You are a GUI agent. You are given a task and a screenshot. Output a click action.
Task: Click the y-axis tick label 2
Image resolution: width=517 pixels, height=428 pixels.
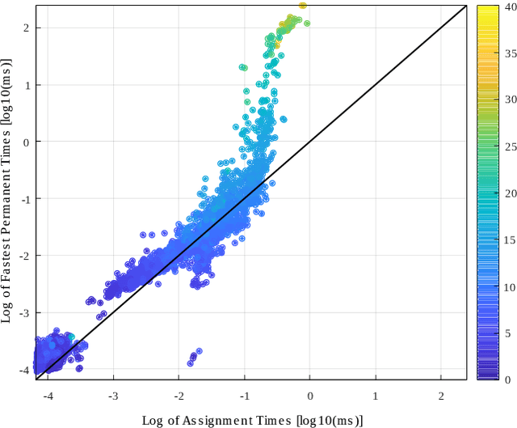(26, 28)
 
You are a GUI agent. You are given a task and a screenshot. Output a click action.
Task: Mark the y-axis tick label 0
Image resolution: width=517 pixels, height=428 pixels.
(26, 142)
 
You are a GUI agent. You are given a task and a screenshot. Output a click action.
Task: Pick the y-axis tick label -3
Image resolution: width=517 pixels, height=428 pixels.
(23, 313)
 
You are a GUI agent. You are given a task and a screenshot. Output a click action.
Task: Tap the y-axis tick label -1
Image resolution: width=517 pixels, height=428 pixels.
(23, 199)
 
